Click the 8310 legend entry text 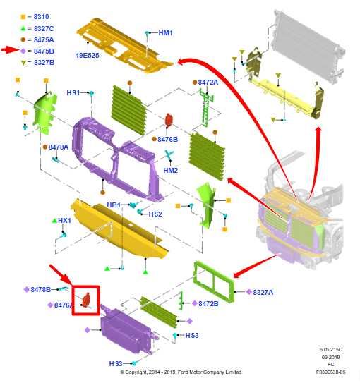pyautogui.click(x=42, y=17)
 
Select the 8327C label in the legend pyautogui.click(x=44, y=29)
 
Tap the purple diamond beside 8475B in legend pyautogui.click(x=23, y=51)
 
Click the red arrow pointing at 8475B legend pyautogui.click(x=10, y=50)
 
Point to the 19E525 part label pyautogui.click(x=88, y=56)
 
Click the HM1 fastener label pyautogui.click(x=165, y=32)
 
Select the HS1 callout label pyautogui.click(x=73, y=93)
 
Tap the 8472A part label pyautogui.click(x=208, y=83)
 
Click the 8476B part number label pyautogui.click(x=168, y=139)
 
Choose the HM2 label pyautogui.click(x=171, y=170)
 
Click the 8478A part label pyautogui.click(x=59, y=147)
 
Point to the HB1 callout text pyautogui.click(x=114, y=205)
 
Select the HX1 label pyautogui.click(x=64, y=221)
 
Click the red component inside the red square pyautogui.click(x=86, y=300)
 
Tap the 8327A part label pyautogui.click(x=263, y=292)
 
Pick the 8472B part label pyautogui.click(x=208, y=303)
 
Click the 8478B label pyautogui.click(x=40, y=289)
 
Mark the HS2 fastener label pyautogui.click(x=155, y=214)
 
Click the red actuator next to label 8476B pyautogui.click(x=169, y=120)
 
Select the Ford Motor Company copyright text pyautogui.click(x=181, y=372)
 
